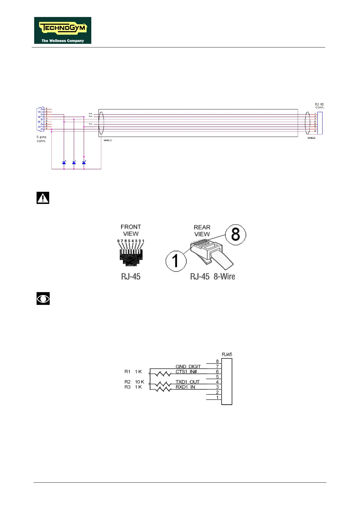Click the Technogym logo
click(x=63, y=30)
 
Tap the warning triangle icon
click(x=43, y=198)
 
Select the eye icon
click(x=43, y=299)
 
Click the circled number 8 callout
click(x=235, y=235)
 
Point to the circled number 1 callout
click(x=176, y=261)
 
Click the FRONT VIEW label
click(x=131, y=230)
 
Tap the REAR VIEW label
click(x=202, y=231)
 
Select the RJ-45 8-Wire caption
click(x=212, y=277)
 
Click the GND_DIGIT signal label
click(x=188, y=366)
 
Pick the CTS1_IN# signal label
click(x=186, y=371)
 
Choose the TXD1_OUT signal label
click(x=187, y=382)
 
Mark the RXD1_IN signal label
click(x=185, y=387)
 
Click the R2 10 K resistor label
click(x=134, y=382)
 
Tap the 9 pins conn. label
click(x=41, y=139)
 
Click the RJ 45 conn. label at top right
click(x=319, y=106)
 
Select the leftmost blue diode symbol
click(x=64, y=163)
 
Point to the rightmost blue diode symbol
click(x=84, y=163)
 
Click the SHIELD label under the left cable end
click(x=108, y=140)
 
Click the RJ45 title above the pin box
click(x=227, y=354)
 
